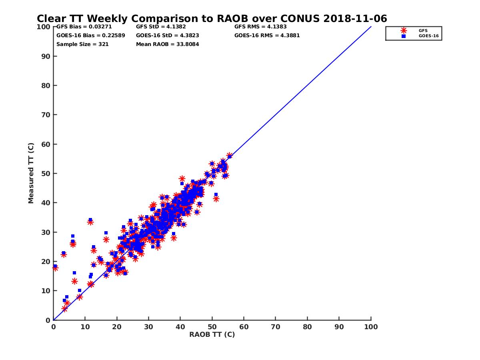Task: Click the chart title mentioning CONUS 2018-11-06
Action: pyautogui.click(x=212, y=19)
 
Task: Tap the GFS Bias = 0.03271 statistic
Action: pyautogui.click(x=84, y=27)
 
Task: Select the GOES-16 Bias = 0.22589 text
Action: pyautogui.click(x=90, y=35)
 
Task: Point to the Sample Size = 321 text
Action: pyautogui.click(x=82, y=44)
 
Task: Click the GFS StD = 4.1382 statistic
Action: pyautogui.click(x=161, y=27)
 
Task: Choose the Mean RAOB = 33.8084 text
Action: pyautogui.click(x=167, y=44)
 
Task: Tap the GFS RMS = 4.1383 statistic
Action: pyautogui.click(x=260, y=27)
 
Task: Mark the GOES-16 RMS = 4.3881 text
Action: pyautogui.click(x=267, y=35)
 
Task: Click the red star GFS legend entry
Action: pyautogui.click(x=404, y=30)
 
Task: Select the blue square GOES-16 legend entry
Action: pyautogui.click(x=404, y=36)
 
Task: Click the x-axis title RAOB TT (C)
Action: pyautogui.click(x=212, y=334)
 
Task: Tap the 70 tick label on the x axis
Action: pyautogui.click(x=276, y=326)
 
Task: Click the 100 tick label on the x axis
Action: pyautogui.click(x=371, y=326)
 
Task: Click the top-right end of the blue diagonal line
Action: pyautogui.click(x=371, y=27)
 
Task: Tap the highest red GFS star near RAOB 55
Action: pyautogui.click(x=230, y=155)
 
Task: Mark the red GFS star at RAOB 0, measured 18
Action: pyautogui.click(x=55, y=268)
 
